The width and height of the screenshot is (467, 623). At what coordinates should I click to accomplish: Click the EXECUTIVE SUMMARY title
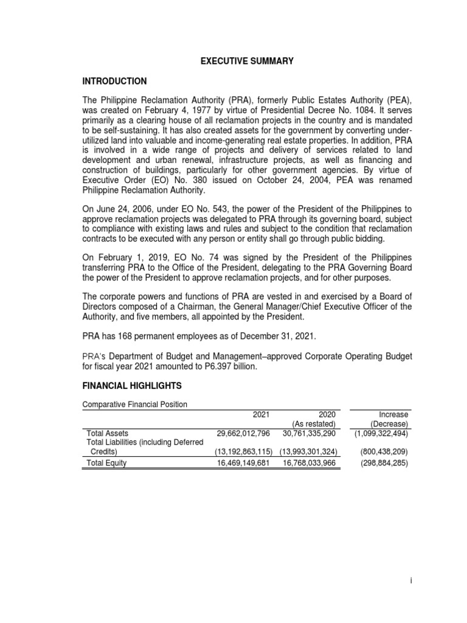[x=247, y=61]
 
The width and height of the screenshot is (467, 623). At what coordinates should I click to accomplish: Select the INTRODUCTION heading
[x=114, y=81]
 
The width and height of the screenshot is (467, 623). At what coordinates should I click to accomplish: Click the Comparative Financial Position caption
[x=134, y=404]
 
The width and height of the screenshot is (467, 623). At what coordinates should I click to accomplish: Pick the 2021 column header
[x=260, y=414]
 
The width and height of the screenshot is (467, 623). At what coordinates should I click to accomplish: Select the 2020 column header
[x=327, y=414]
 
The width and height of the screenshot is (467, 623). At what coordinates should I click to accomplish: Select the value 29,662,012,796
[x=243, y=433]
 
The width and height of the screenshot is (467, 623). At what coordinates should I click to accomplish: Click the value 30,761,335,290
[x=310, y=433]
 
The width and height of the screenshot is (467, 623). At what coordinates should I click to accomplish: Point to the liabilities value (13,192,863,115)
[x=243, y=452]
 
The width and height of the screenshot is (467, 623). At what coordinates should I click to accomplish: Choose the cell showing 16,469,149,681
[x=243, y=462]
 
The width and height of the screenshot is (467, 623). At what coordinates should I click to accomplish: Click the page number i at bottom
[x=411, y=581]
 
